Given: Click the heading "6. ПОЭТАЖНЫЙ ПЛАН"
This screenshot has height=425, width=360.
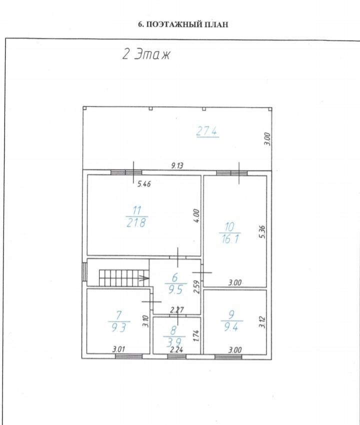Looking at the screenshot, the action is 183,24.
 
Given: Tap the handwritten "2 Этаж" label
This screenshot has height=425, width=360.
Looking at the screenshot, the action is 146,54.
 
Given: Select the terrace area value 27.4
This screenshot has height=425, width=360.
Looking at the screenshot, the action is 207,131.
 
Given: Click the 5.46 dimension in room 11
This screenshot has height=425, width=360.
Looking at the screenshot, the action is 144,184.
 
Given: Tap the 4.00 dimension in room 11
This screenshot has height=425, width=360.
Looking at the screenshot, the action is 197,216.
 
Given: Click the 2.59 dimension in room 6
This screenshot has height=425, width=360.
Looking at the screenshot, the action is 197,286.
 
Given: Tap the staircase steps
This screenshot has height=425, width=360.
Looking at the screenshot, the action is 123,278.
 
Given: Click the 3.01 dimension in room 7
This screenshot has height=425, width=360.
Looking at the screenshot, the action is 118,349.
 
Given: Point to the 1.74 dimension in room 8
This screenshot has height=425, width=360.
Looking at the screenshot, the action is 197,335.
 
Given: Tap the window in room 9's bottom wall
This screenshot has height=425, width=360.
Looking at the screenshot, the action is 228,356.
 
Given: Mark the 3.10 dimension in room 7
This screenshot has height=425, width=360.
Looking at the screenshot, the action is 146,321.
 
